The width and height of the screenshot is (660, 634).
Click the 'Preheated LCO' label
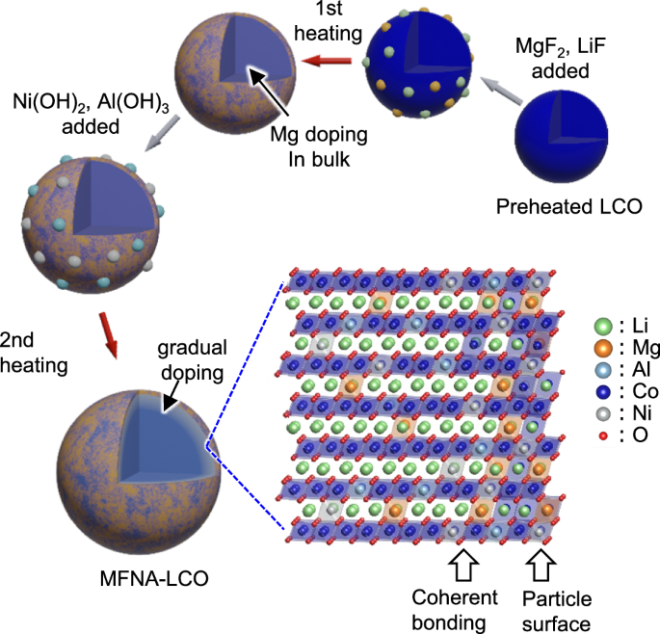coord(568,207)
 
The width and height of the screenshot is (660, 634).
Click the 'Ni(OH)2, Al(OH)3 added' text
coord(72,112)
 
